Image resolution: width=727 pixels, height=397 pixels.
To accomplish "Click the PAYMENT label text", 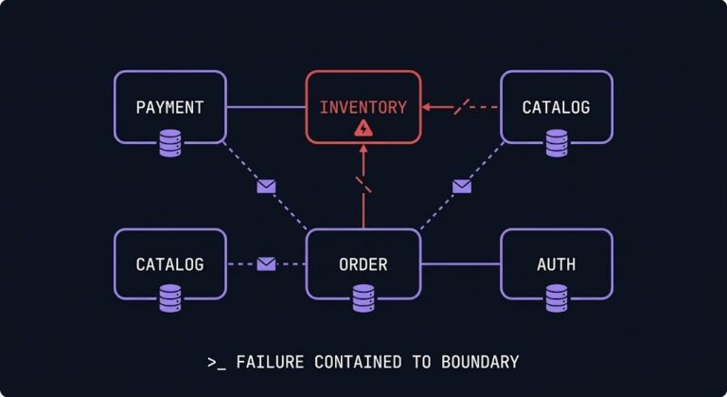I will tap(169, 107).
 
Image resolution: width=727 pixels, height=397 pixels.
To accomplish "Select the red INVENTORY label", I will tap(363, 107).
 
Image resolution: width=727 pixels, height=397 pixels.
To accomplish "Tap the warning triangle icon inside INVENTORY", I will tap(363, 128).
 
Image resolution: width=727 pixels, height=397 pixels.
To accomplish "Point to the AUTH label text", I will tap(556, 264).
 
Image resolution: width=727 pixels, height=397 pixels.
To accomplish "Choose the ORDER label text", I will tap(363, 264).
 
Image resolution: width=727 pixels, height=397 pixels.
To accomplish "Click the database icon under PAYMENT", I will tap(169, 143).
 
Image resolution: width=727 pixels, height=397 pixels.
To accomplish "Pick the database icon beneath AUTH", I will tap(556, 299).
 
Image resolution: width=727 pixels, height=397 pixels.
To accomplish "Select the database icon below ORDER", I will tap(363, 299).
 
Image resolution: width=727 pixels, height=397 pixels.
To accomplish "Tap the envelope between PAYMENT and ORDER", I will tap(266, 187).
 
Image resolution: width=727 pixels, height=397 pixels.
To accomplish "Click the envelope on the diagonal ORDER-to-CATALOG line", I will tap(461, 187).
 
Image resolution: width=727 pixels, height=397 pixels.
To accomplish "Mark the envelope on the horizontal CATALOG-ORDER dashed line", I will tap(266, 264).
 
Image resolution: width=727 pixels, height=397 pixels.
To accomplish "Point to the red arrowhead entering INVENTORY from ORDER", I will tap(363, 150).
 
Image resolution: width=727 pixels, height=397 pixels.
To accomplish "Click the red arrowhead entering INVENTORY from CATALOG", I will tap(427, 107).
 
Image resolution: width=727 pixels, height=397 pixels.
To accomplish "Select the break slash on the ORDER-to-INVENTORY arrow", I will tap(363, 185).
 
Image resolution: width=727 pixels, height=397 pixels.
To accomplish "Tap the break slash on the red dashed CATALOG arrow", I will tap(461, 107).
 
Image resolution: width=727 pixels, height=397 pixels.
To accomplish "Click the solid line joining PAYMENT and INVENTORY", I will tap(266, 107).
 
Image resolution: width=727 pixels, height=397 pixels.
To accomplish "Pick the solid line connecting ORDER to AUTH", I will tap(460, 264).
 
